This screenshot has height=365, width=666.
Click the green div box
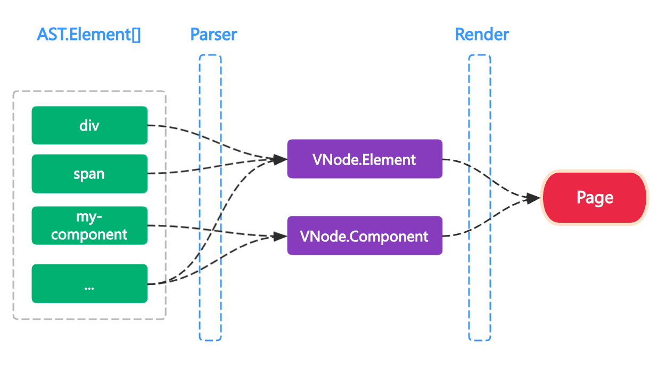tap(89, 125)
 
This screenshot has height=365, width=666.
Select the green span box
tap(89, 174)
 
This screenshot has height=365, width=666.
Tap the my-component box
tap(89, 225)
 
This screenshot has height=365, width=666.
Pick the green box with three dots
tap(89, 283)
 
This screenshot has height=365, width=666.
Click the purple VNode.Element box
tap(365, 159)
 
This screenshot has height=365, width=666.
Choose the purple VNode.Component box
tap(365, 236)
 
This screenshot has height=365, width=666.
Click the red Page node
tap(595, 198)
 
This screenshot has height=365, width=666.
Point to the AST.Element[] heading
tap(88, 35)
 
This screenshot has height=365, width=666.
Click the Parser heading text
tap(213, 35)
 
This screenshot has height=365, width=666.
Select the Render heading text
tap(482, 35)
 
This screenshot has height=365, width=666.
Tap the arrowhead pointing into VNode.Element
tap(280, 159)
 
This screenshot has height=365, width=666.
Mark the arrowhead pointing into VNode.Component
tap(280, 237)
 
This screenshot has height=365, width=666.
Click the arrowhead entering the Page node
tap(533, 198)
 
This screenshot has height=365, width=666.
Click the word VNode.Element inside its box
tap(364, 159)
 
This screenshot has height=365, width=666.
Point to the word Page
tap(595, 198)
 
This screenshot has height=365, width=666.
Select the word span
tap(89, 174)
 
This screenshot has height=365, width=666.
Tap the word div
tap(89, 126)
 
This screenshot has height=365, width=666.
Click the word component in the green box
tap(89, 234)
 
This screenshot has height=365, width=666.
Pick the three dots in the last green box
tap(89, 288)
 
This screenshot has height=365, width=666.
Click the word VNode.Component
tap(364, 237)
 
